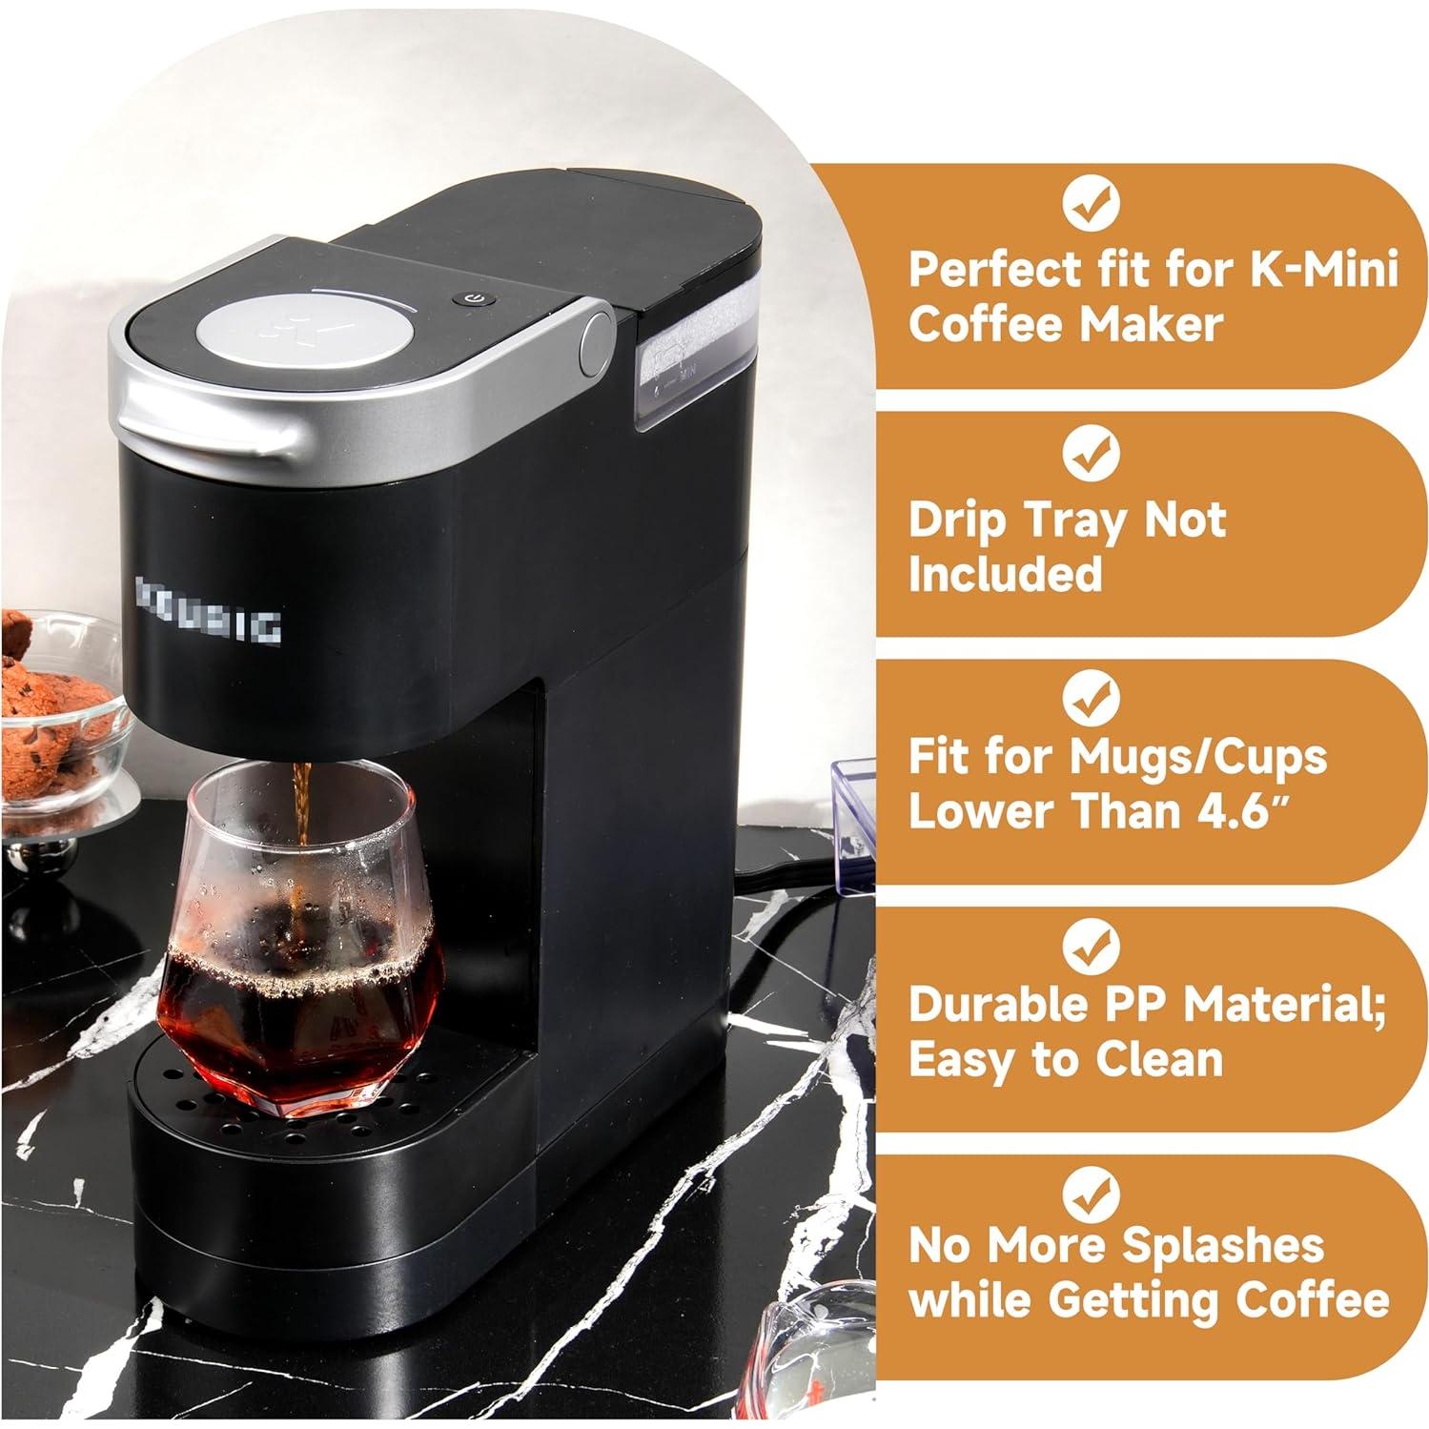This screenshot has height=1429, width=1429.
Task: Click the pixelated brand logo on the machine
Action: tap(209, 611)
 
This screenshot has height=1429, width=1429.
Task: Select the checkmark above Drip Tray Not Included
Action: tap(1091, 453)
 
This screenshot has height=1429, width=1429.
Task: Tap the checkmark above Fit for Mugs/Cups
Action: tap(1091, 700)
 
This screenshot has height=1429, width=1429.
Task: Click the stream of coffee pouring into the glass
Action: tap(303, 801)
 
